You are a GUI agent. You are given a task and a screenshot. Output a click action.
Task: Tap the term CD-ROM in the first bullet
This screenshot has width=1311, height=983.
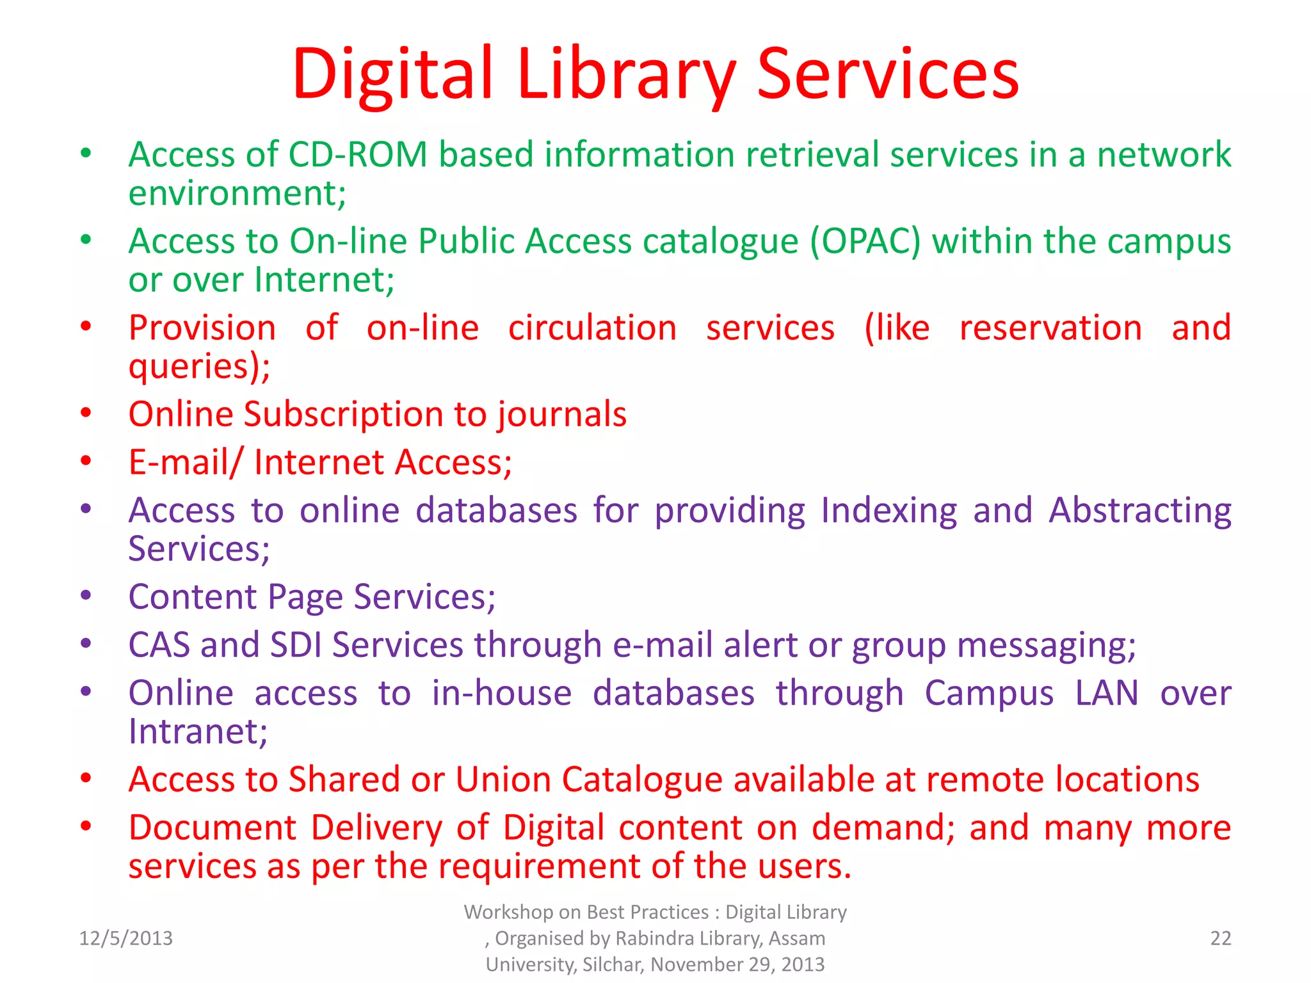tap(357, 155)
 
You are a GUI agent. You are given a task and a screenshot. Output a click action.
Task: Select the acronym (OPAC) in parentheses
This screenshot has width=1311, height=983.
tap(865, 241)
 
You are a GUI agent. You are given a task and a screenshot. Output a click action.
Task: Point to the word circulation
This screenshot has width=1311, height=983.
tap(592, 328)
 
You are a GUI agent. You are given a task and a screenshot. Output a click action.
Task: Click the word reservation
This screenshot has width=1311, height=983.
tap(1050, 328)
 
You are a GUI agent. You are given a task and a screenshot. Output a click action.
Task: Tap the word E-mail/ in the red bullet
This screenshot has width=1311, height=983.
tap(185, 462)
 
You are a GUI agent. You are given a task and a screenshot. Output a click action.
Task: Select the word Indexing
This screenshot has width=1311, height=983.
tap(889, 511)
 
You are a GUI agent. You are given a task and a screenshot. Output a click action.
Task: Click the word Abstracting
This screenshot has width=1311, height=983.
tap(1139, 511)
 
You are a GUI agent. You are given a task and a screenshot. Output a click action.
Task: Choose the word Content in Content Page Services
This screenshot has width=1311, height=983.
tap(192, 596)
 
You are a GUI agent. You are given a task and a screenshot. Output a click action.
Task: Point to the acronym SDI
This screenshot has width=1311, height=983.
tap(295, 644)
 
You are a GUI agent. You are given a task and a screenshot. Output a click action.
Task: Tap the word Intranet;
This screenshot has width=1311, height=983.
tap(198, 731)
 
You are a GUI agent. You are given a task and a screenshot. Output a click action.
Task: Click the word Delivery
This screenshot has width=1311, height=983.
tap(376, 827)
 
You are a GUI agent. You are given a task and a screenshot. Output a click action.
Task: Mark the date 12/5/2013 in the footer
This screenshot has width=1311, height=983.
tap(125, 938)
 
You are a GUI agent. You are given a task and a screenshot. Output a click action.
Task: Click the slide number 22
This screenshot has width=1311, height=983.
tap(1220, 938)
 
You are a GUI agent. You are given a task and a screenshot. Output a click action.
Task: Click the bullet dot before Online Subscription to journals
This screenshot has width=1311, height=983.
tap(86, 413)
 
